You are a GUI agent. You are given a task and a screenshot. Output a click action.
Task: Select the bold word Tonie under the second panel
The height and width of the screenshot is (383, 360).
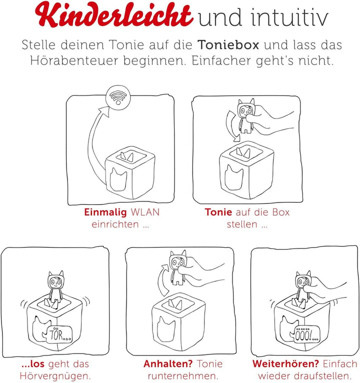tap(218, 212)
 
